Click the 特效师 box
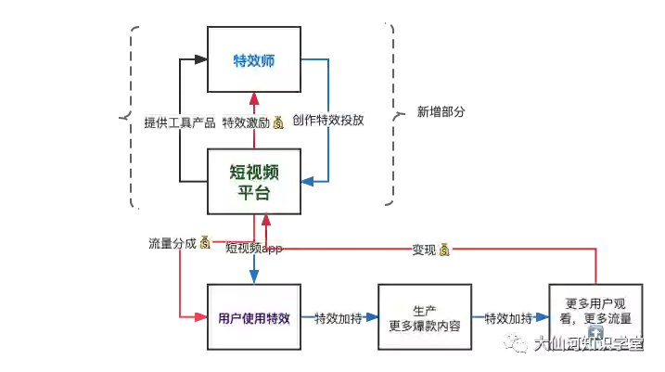(x=254, y=61)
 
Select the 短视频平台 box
(x=254, y=181)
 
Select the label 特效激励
(x=246, y=122)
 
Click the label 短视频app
(x=253, y=249)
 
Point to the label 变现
(x=424, y=249)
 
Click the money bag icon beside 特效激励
(x=278, y=122)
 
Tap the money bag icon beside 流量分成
(x=205, y=243)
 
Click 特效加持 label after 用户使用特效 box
(x=337, y=318)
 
